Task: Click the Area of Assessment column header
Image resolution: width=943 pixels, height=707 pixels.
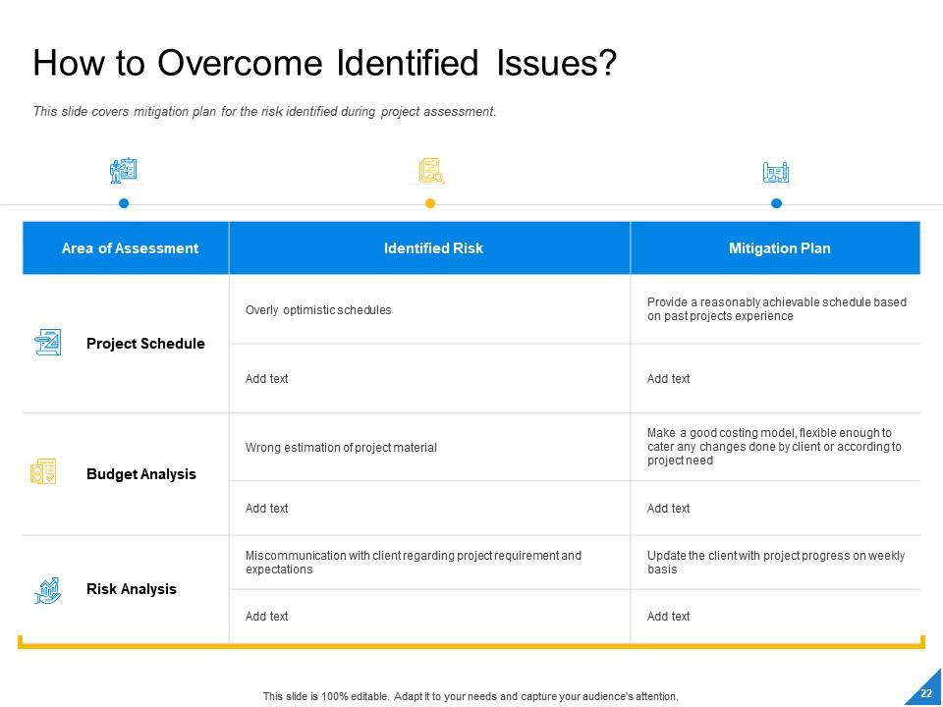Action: pyautogui.click(x=130, y=248)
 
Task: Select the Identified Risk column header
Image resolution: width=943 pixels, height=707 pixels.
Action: pyautogui.click(x=433, y=248)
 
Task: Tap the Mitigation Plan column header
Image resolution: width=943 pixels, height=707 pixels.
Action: pyautogui.click(x=779, y=248)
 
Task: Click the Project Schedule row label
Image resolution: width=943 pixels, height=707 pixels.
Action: pyautogui.click(x=145, y=344)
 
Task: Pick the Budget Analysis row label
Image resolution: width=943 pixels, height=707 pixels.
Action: pyautogui.click(x=141, y=473)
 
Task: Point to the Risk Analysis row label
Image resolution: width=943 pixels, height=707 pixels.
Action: pyautogui.click(x=132, y=588)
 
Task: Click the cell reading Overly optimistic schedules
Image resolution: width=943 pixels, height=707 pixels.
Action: pyautogui.click(x=318, y=310)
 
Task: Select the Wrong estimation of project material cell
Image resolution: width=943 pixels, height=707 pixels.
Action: pyautogui.click(x=341, y=448)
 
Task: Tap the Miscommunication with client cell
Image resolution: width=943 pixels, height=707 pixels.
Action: pyautogui.click(x=414, y=562)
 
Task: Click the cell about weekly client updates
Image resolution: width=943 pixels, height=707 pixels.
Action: pyautogui.click(x=776, y=562)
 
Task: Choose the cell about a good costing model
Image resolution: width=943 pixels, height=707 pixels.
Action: pyautogui.click(x=774, y=447)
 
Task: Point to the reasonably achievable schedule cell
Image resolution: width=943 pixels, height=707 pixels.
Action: pyautogui.click(x=776, y=309)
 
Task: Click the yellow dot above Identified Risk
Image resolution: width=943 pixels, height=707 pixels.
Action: pyautogui.click(x=430, y=203)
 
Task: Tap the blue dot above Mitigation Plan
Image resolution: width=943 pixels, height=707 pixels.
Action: pyautogui.click(x=776, y=203)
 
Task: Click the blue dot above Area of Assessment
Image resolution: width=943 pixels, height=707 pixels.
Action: pyautogui.click(x=124, y=203)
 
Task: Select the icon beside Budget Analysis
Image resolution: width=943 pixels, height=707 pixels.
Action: pyautogui.click(x=43, y=470)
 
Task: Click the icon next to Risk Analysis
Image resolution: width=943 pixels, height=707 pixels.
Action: pyautogui.click(x=47, y=590)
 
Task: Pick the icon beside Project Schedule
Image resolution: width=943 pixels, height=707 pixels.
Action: pyautogui.click(x=47, y=342)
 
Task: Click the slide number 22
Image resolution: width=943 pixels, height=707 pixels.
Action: pyautogui.click(x=926, y=693)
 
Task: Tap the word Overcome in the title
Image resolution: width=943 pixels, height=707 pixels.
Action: pyautogui.click(x=240, y=63)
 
